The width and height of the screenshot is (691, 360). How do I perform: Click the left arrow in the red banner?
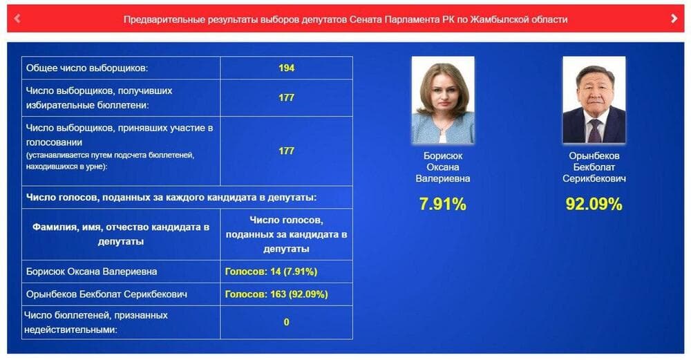pos(17,19)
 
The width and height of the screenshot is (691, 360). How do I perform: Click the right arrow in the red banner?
pos(674,18)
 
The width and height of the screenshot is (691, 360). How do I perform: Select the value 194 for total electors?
pos(287,68)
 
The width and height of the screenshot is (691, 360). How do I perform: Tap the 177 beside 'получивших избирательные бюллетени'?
pos(287,97)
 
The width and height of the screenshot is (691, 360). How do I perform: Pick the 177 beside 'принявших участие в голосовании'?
pos(287,151)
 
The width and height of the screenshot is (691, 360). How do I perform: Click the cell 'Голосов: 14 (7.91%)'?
pos(271,272)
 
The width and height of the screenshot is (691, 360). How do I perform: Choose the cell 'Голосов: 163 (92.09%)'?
pos(276,294)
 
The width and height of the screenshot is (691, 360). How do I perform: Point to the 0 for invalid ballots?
pos(287,322)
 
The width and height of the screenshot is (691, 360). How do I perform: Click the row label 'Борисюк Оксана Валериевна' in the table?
pos(92,272)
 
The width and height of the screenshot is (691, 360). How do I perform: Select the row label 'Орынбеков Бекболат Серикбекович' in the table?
pos(106,294)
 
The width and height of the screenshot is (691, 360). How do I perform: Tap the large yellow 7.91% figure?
pos(442,204)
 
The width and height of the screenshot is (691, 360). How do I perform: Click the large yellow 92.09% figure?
pos(594,204)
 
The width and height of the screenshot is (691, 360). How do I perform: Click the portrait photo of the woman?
pos(443,100)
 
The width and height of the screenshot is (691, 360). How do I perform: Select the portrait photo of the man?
pos(594,100)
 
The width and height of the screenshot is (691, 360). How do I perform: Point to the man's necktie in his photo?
pos(595,131)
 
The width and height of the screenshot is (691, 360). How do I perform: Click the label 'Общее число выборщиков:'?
pos(87,68)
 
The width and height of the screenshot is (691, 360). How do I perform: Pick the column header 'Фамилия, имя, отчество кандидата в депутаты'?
pos(121,234)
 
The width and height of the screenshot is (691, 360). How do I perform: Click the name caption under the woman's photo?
pos(443,167)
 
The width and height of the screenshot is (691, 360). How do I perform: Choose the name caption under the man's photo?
pos(594,167)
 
